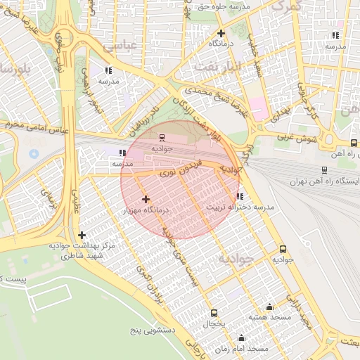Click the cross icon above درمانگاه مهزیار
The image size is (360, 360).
(x=146, y=200)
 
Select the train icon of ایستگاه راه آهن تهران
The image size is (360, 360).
(x=324, y=169)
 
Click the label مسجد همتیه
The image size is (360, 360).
(x=269, y=319)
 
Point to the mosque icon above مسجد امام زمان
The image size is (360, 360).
(x=241, y=337)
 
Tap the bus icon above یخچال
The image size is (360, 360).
(x=214, y=313)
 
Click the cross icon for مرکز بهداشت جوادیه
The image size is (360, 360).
(x=82, y=235)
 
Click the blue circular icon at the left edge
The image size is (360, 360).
(x=34, y=153)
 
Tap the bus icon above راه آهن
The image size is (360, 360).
(x=353, y=143)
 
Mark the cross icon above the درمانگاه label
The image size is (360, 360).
(x=221, y=33)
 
